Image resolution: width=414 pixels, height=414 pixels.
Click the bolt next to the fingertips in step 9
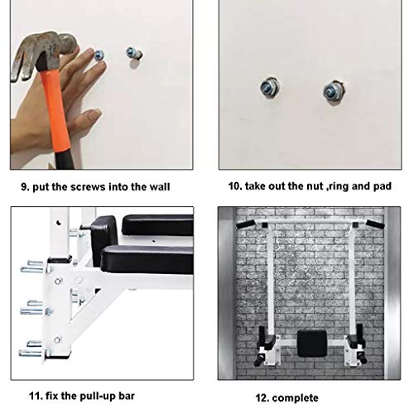tap(99, 55)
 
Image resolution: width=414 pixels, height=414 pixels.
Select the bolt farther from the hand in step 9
tap(134, 53)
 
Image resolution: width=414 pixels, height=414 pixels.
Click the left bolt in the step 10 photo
tap(270, 88)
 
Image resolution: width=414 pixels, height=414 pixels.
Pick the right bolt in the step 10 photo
tap(334, 92)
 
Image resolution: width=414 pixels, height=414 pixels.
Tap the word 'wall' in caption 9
tap(160, 187)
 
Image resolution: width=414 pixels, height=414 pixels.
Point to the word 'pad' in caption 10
tap(383, 186)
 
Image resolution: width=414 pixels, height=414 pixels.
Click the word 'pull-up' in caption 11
tap(98, 396)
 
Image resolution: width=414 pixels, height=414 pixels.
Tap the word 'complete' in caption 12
tap(295, 398)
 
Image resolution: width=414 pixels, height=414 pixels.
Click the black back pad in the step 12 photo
tap(312, 344)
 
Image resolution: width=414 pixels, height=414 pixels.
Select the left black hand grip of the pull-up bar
tap(246, 224)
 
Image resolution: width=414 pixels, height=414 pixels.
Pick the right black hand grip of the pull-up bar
tap(375, 224)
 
